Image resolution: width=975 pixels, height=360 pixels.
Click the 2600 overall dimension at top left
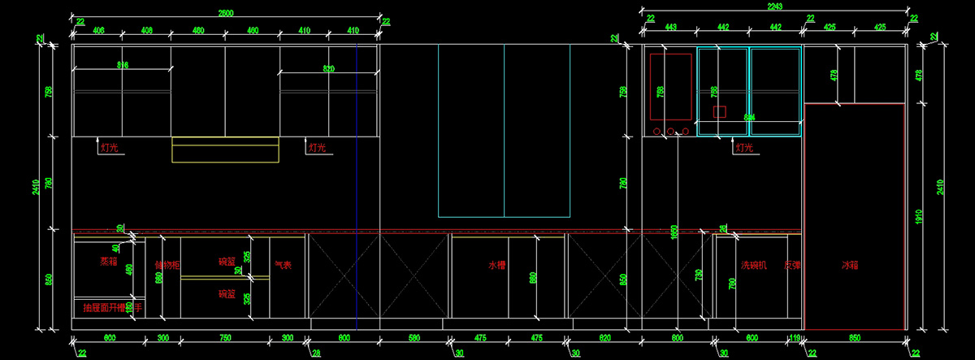tap(227, 14)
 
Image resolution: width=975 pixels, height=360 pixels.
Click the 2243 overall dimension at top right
tap(777, 7)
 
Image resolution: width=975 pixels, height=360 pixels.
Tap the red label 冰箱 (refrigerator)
tap(850, 265)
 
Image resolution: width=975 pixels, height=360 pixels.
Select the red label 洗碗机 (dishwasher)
tap(753, 265)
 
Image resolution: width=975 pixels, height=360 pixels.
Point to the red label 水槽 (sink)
tap(497, 265)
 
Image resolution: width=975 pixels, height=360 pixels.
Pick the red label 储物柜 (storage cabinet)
tap(167, 265)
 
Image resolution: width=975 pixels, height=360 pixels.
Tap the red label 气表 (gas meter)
tap(283, 264)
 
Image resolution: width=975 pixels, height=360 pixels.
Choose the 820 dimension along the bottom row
tap(604, 337)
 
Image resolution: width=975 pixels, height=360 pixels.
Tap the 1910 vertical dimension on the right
tap(919, 218)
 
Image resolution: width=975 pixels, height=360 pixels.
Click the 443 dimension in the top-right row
tap(671, 27)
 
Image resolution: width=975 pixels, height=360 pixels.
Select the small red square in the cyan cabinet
tap(718, 111)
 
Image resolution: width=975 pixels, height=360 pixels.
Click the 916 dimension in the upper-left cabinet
tap(123, 65)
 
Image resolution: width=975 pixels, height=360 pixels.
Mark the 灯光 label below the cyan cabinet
tap(744, 148)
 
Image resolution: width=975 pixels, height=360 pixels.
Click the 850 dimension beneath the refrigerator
tap(855, 337)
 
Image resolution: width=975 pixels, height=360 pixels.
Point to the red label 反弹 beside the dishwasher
tap(792, 265)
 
